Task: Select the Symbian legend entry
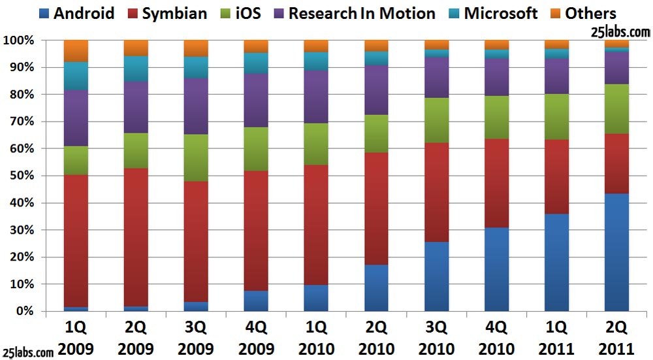coord(167,13)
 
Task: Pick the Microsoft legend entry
coord(492,13)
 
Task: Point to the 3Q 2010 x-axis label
coord(436,337)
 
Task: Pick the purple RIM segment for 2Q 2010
coord(376,90)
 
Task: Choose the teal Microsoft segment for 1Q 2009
coord(76,76)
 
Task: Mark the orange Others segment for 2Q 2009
coord(136,48)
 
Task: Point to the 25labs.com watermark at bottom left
coord(29,353)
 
